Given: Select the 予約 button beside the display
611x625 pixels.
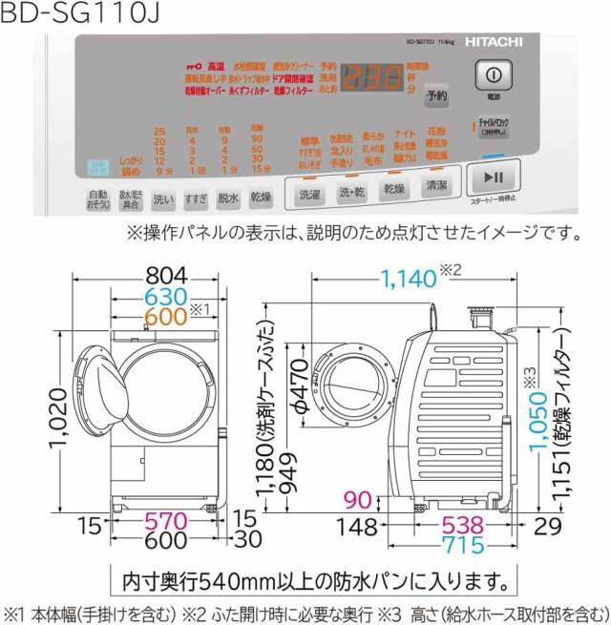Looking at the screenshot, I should (x=436, y=95).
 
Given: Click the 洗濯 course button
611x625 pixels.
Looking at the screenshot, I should (x=310, y=192).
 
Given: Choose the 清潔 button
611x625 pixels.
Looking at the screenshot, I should (x=436, y=188).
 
